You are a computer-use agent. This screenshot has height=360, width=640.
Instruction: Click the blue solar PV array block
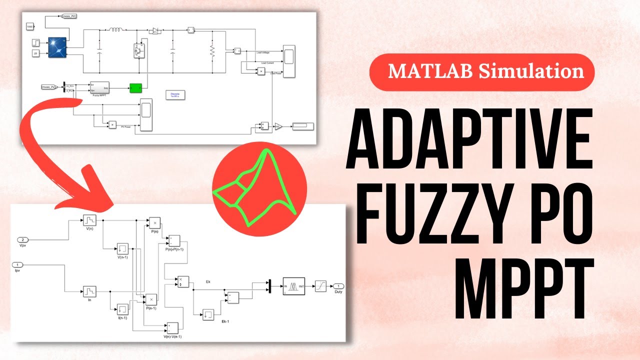coord(57,47)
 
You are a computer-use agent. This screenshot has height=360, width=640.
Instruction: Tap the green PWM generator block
coord(135,88)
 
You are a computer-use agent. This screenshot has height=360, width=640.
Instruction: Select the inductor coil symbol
coord(116,30)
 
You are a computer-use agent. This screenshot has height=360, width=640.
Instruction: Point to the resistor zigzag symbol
coord(212,51)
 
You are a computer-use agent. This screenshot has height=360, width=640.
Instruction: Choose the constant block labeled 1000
coord(29,26)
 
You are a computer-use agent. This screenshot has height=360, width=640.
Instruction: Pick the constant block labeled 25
coord(35,53)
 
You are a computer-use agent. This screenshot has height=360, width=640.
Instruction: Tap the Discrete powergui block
coord(174,95)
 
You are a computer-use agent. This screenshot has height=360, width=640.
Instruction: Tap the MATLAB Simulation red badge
coord(482,72)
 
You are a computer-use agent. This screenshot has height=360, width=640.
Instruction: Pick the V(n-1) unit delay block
coord(122,248)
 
